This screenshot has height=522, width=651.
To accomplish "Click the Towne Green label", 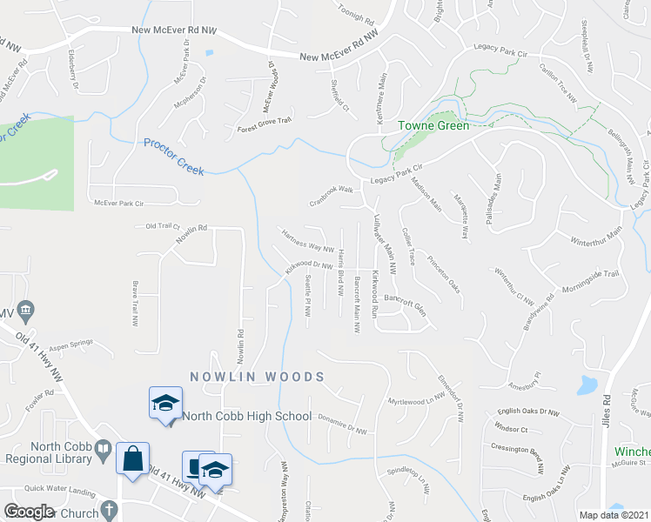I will (433, 125).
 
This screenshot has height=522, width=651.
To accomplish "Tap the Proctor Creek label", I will (174, 157).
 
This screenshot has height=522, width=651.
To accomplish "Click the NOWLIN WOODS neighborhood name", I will (257, 377).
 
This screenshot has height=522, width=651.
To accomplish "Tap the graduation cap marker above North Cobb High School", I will (164, 403).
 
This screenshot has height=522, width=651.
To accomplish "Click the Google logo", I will (29, 512).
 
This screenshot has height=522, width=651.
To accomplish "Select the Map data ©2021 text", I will (614, 515).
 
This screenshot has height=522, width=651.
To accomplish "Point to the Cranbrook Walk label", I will (332, 189).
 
